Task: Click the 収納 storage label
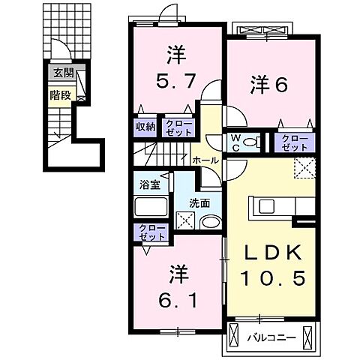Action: [145, 127]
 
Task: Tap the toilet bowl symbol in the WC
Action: [253, 140]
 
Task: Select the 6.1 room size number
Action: [178, 299]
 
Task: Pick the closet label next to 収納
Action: [178, 127]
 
